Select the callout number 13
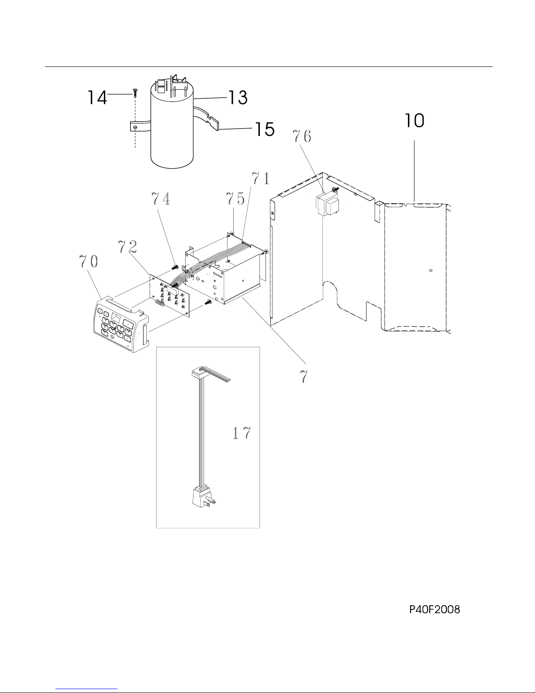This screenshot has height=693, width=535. pyautogui.click(x=238, y=97)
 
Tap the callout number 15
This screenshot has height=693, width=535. pyautogui.click(x=265, y=129)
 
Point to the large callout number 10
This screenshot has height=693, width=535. pyautogui.click(x=414, y=121)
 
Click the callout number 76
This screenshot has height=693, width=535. pyautogui.click(x=302, y=136)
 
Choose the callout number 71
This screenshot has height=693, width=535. pyautogui.click(x=260, y=178)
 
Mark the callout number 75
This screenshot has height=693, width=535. pyautogui.click(x=235, y=198)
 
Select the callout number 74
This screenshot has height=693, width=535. pyautogui.click(x=161, y=198)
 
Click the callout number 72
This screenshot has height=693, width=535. pyautogui.click(x=128, y=247)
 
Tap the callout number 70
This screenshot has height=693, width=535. pyautogui.click(x=89, y=261)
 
